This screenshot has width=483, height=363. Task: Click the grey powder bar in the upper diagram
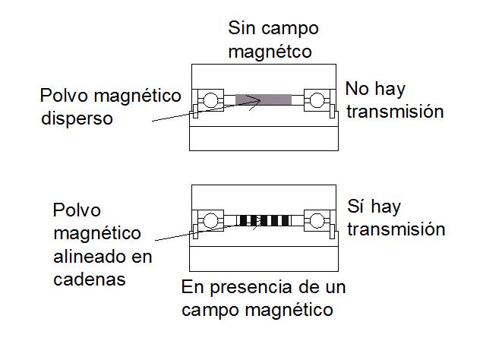(x=264, y=99)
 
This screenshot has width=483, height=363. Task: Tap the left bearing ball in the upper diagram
(x=209, y=99)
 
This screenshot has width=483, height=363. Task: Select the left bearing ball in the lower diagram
(x=209, y=221)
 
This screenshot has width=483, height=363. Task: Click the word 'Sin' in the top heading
(x=241, y=30)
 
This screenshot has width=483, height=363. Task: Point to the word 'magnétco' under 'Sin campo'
(x=271, y=52)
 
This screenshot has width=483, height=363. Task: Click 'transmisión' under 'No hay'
(x=394, y=112)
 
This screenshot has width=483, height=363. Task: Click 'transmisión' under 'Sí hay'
(x=396, y=229)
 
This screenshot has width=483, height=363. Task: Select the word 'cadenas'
(x=90, y=279)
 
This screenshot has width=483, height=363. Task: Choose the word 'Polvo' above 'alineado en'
(x=77, y=210)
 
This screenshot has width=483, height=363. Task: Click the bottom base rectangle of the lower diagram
(x=264, y=258)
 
